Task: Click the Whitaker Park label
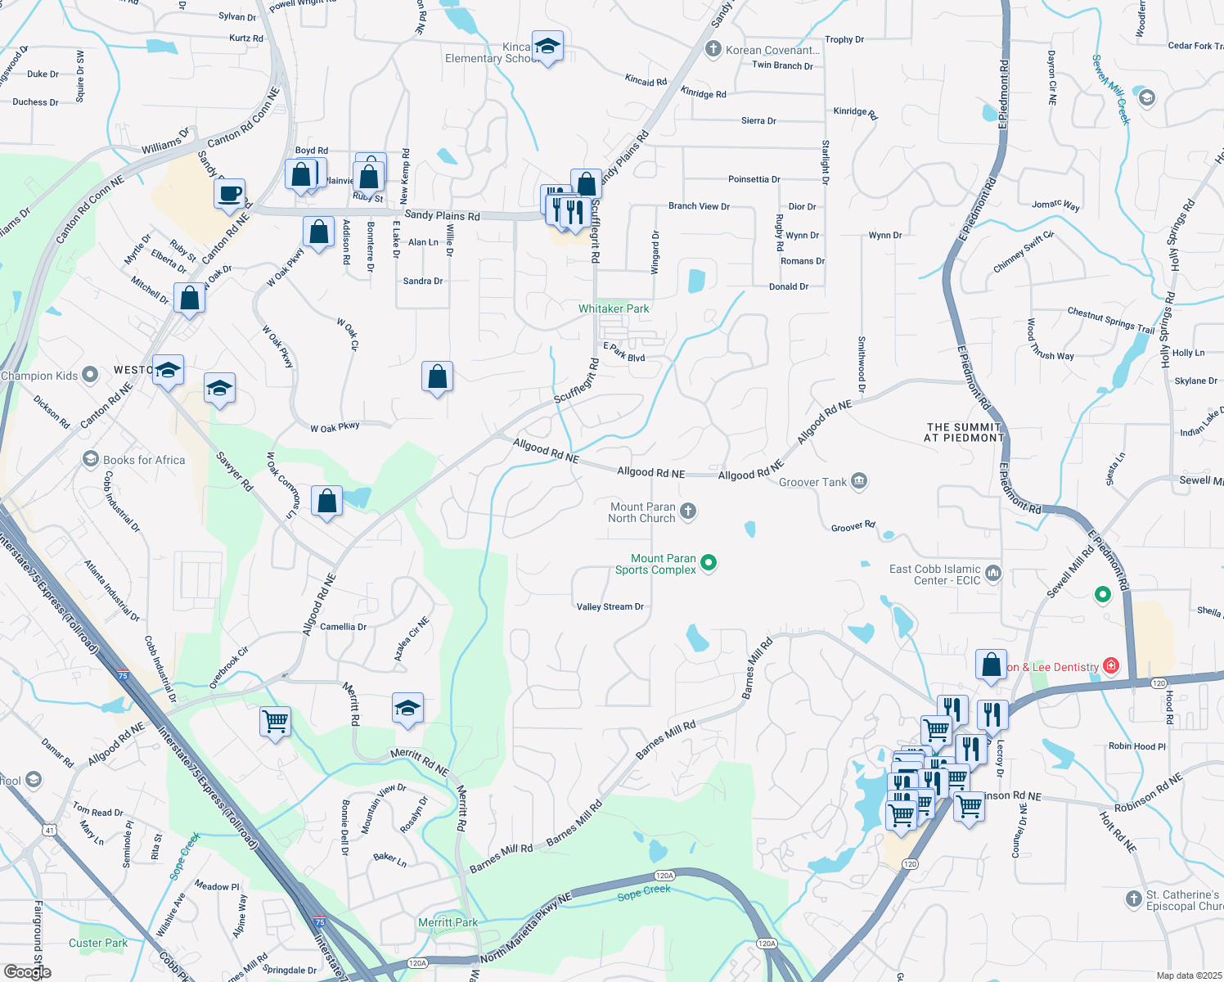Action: [614, 309]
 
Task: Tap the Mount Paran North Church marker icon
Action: [688, 511]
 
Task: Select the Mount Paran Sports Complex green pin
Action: [709, 562]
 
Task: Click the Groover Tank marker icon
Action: [858, 481]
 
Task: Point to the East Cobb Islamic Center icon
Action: [993, 573]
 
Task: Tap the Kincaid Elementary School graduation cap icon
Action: [547, 47]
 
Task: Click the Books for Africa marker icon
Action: [91, 460]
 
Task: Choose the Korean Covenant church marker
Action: [713, 50]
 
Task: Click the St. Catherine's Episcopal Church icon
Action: [1133, 899]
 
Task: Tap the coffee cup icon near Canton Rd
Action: [230, 194]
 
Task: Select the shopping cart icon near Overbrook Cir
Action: [275, 722]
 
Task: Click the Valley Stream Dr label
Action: [610, 607]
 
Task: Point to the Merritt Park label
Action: [448, 922]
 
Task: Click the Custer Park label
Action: [98, 943]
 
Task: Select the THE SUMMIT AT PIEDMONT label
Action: [964, 432]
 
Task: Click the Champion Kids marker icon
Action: [90, 376]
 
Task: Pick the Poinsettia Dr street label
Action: [754, 179]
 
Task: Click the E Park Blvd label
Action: [624, 352]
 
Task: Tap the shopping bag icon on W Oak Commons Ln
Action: [326, 501]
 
